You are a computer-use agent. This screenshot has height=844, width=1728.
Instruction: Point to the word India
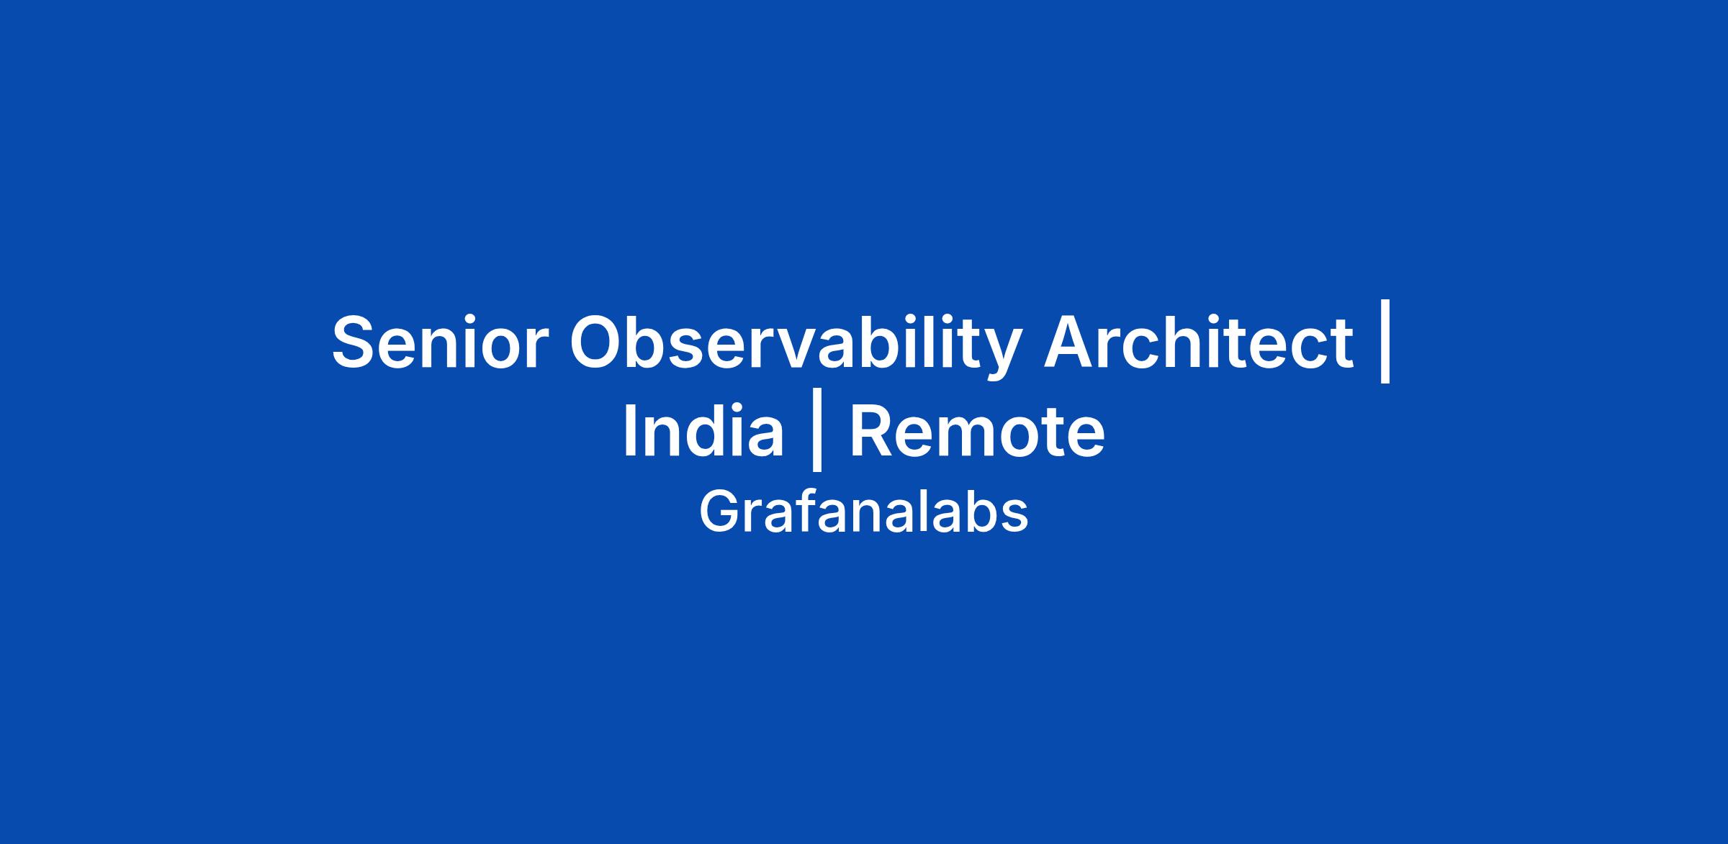(x=703, y=431)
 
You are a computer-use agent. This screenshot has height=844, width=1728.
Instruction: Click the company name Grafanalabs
(x=864, y=512)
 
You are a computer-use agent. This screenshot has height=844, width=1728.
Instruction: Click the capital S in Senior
(x=356, y=342)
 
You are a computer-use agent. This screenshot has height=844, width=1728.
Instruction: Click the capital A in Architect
(x=1072, y=342)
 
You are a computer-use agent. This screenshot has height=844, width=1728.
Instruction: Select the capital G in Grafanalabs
(x=720, y=512)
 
